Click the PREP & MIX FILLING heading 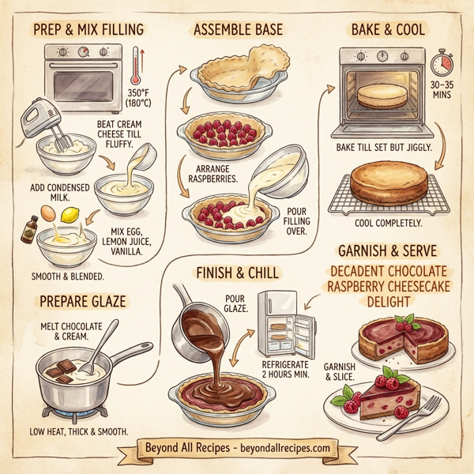click(x=88, y=31)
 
